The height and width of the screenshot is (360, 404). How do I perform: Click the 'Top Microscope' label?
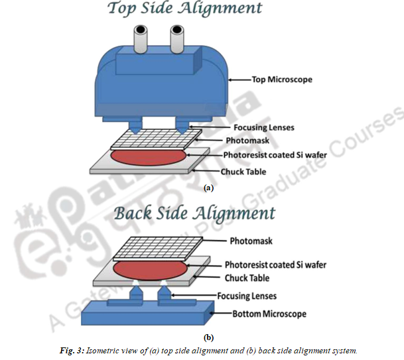click(x=282, y=80)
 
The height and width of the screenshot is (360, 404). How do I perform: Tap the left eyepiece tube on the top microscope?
click(x=141, y=39)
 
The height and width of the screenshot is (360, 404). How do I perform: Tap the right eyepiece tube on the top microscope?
click(x=177, y=39)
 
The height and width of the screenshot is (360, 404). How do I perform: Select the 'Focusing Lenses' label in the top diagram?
click(x=264, y=127)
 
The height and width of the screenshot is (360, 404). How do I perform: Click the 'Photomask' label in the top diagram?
click(x=247, y=141)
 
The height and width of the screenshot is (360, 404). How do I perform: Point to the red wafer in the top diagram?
click(x=148, y=156)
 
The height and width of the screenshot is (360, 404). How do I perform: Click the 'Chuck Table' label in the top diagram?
click(x=243, y=172)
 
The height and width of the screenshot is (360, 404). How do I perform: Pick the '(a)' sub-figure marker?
click(x=208, y=188)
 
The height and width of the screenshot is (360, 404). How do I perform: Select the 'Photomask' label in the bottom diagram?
click(x=251, y=241)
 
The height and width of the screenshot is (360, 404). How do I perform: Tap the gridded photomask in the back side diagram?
click(x=158, y=247)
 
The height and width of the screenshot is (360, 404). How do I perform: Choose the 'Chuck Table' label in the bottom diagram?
click(x=247, y=278)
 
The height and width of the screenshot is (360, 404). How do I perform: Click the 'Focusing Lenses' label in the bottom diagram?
click(x=247, y=296)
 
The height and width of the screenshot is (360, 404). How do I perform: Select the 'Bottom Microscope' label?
click(x=269, y=314)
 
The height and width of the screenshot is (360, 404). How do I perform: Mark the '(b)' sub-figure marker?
click(x=208, y=337)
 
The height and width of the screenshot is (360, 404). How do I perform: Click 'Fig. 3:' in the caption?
click(x=72, y=351)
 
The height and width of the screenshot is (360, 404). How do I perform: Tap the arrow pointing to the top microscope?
click(x=240, y=80)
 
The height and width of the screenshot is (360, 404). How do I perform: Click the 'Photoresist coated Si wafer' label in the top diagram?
click(x=275, y=155)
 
